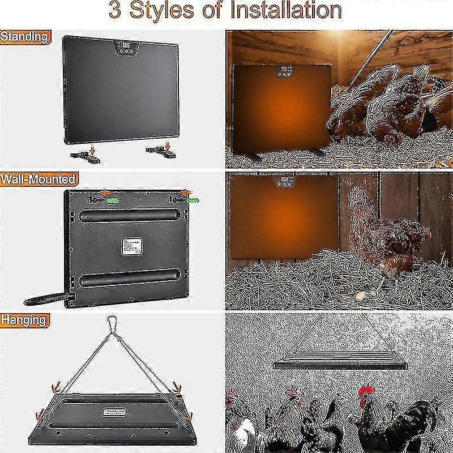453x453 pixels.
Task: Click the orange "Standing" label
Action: [x=24, y=37]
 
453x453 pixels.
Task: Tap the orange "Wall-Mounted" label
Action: [x=38, y=180]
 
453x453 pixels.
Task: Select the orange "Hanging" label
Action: [x=24, y=320]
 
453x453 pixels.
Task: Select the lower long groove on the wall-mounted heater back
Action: [x=130, y=277]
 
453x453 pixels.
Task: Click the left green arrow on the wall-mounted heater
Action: [x=113, y=200]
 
